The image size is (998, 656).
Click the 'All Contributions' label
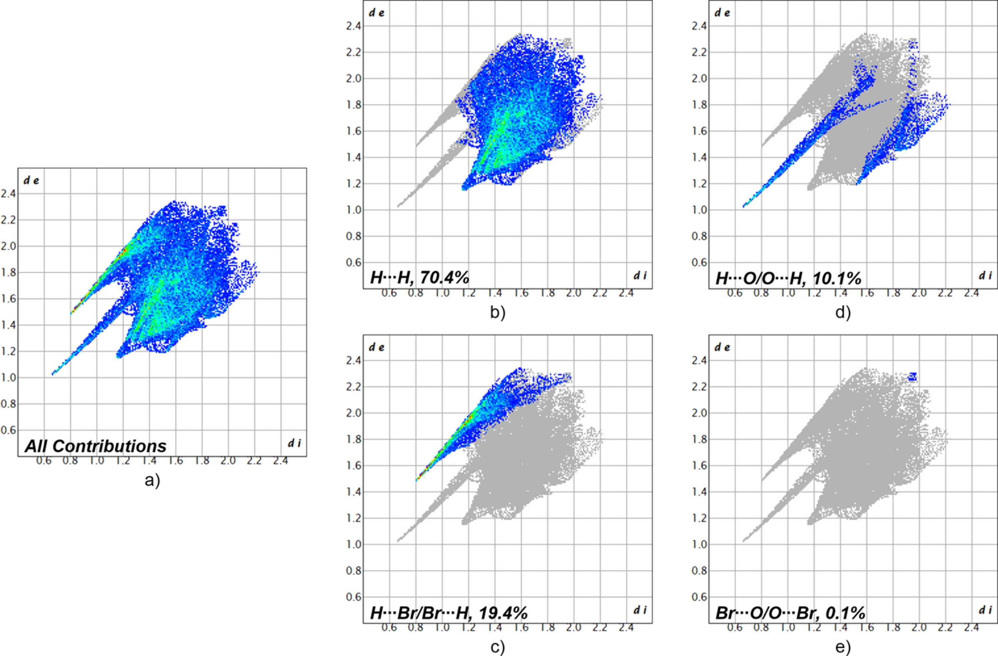point(95,446)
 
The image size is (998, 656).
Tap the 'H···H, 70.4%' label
point(419,278)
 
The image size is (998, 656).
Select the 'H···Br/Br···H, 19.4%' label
point(449,613)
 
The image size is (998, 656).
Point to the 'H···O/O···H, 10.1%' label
point(788,278)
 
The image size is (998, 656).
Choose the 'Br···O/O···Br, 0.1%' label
point(790,613)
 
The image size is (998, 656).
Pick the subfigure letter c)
point(498,648)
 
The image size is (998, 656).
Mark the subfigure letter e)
point(843,648)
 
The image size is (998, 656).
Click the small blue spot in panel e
point(913,376)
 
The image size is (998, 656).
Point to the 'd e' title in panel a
point(32,181)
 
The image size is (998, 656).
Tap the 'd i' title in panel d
point(985,275)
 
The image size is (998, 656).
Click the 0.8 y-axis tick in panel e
point(699,571)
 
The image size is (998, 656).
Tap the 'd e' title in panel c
point(377,347)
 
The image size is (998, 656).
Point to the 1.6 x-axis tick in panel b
point(521,293)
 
